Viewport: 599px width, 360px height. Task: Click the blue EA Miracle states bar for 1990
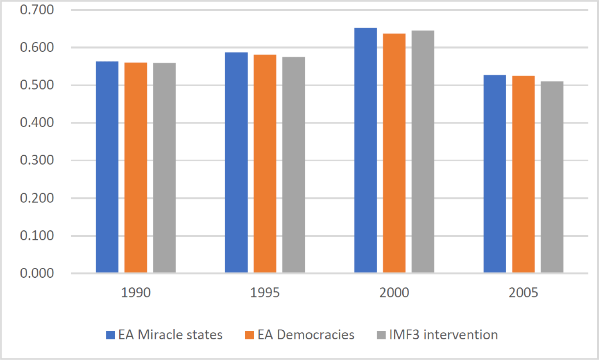(x=107, y=167)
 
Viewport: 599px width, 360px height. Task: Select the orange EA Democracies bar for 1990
(x=136, y=168)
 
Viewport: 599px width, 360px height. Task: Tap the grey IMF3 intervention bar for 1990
(x=164, y=168)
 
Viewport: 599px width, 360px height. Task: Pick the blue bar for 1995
(x=236, y=163)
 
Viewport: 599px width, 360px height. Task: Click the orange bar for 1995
(x=265, y=164)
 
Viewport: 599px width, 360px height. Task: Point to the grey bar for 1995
(x=293, y=165)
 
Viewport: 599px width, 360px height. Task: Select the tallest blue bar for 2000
(x=365, y=150)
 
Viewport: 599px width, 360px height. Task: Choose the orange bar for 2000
(x=394, y=153)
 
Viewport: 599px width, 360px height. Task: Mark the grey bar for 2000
(x=423, y=152)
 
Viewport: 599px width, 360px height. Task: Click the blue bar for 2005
(x=495, y=174)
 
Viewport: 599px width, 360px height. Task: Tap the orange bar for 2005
(x=524, y=174)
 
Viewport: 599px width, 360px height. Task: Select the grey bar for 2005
(x=552, y=177)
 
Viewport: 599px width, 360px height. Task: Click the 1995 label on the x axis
(x=265, y=293)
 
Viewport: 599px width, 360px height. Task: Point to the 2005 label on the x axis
(x=524, y=293)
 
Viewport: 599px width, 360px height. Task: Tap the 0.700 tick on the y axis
(x=37, y=10)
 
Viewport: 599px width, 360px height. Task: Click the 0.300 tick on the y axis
(x=37, y=160)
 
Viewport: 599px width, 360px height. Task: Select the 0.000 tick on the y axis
(x=37, y=273)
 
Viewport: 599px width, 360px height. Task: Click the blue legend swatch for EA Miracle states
(x=110, y=335)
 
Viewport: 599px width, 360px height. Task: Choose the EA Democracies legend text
(x=306, y=335)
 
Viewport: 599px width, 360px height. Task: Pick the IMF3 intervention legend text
(x=443, y=335)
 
